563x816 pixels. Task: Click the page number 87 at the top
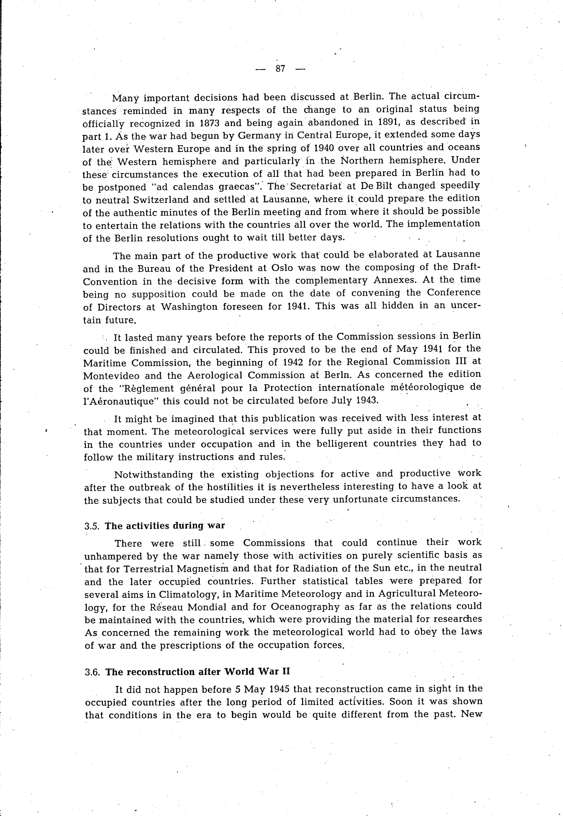point(280,69)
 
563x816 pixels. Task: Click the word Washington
point(189,307)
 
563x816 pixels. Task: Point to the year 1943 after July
point(368,400)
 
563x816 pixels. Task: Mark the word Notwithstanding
point(153,475)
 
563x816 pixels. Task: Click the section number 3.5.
point(92,526)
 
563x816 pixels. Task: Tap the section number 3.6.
point(93,672)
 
